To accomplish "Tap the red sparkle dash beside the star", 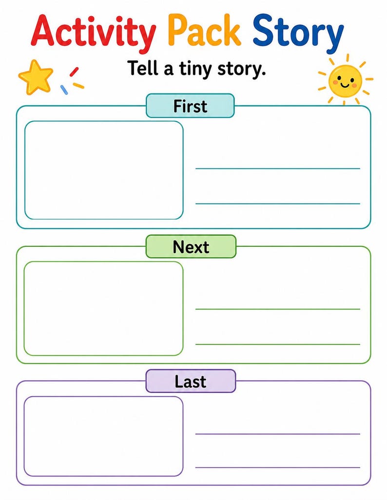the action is tap(74, 72).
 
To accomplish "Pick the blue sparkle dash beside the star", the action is tap(64, 90).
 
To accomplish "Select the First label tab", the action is tap(190, 106).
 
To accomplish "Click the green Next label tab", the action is tap(191, 246).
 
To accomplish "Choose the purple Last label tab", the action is tap(191, 381).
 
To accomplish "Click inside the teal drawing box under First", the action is tap(104, 170).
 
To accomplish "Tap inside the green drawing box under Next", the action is tap(103, 309).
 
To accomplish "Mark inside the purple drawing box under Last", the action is tap(103, 437).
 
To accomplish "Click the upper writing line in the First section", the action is tap(277, 168).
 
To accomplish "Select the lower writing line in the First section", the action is tap(277, 204).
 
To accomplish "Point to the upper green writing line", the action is tap(277, 309).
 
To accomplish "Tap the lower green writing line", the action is tap(277, 344).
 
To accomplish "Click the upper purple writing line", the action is tap(277, 434).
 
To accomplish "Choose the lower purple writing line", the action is tap(277, 467).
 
